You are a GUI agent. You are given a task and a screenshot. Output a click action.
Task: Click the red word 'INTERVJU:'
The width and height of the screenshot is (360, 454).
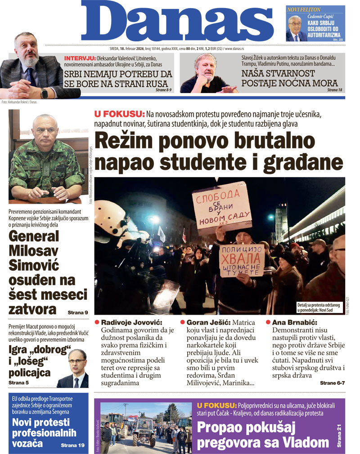pos(80,59)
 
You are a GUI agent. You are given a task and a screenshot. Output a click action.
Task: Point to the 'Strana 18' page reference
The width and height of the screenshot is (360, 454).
pos(334,90)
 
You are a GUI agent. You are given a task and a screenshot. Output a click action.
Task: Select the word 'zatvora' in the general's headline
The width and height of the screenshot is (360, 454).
pos(32,309)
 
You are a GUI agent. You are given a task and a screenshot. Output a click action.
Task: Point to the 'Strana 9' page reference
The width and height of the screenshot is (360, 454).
pos(78,312)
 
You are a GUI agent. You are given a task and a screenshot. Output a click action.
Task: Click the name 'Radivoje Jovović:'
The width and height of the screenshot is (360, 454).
pos(131,322)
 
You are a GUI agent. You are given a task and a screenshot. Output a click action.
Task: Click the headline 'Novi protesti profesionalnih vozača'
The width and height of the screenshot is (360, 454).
pos(44,433)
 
